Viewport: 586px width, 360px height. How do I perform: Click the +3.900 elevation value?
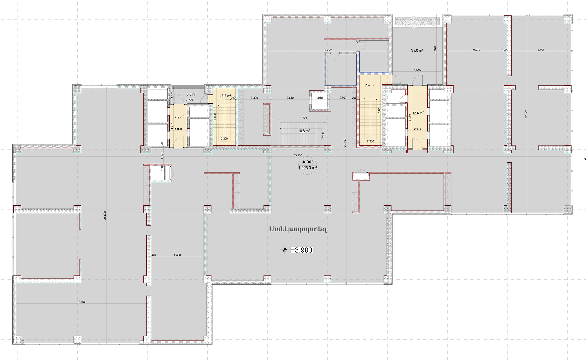coord(302,250)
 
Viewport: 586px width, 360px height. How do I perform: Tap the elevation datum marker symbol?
coord(284,250)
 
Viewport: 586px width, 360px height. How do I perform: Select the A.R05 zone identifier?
coord(308,162)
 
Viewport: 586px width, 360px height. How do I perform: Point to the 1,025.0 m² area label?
coord(307,168)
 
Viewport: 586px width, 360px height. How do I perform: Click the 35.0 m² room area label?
coord(417,50)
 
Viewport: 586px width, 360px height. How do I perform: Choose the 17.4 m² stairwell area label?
coord(369,85)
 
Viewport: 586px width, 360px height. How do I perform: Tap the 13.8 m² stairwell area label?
coord(226,96)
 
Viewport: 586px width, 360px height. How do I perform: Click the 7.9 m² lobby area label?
coord(179,117)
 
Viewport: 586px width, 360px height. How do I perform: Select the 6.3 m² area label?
coord(191,94)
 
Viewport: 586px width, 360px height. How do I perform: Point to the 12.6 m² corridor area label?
coord(418,113)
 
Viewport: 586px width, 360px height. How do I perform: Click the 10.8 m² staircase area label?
coord(304,131)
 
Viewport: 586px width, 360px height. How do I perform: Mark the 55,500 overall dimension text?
coord(298,155)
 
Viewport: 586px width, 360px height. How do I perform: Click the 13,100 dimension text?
coord(81,302)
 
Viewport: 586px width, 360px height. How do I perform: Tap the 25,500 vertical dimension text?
coord(105,215)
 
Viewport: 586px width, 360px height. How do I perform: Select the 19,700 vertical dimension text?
coord(526,114)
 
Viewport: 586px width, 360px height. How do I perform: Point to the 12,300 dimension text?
coord(327,50)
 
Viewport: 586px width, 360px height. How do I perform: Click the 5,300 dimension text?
coord(177,255)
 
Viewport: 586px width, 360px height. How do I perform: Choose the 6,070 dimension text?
coord(477,50)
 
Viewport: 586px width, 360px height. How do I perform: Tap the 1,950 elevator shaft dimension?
coord(319,98)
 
